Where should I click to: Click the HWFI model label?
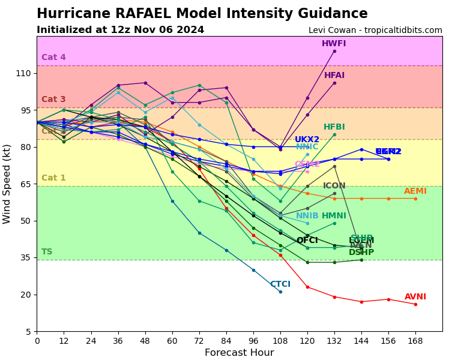click(x=334, y=44)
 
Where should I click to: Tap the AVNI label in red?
click(x=415, y=297)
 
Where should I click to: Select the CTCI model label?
click(x=280, y=284)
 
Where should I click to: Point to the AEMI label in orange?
click(x=415, y=191)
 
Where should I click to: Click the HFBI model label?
click(x=334, y=127)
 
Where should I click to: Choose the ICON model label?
click(x=334, y=186)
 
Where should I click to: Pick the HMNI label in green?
click(x=334, y=216)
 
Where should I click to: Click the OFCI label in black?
click(x=307, y=241)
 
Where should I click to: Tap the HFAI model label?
click(x=334, y=76)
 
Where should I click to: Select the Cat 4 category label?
click(x=53, y=58)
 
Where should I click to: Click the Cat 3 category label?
click(x=53, y=100)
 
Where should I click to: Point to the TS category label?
click(x=47, y=252)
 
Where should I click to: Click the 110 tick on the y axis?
click(x=23, y=73)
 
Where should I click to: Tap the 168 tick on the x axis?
click(x=415, y=340)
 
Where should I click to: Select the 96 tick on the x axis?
click(x=253, y=340)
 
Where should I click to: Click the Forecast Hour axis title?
click(x=239, y=353)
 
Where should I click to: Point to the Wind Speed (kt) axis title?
click(x=7, y=184)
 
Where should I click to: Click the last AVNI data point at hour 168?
click(x=415, y=304)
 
